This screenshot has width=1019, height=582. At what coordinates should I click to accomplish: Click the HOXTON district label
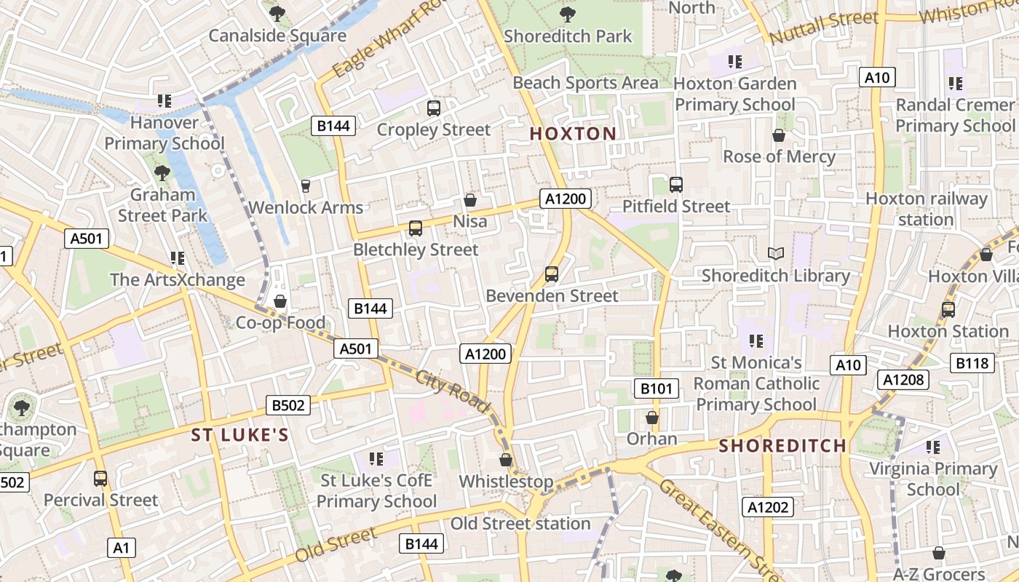click(x=573, y=134)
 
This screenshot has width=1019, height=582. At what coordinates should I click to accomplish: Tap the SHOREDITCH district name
click(x=782, y=446)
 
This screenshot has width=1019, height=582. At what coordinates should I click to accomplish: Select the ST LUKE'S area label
click(x=240, y=435)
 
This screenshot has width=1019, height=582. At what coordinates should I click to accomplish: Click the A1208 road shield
click(x=903, y=379)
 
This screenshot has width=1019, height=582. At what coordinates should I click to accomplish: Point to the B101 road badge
click(x=656, y=389)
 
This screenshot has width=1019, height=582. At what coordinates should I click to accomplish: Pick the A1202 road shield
click(x=768, y=507)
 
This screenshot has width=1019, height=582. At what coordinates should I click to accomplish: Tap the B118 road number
click(x=972, y=363)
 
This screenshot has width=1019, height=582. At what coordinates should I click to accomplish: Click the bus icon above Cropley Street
click(x=434, y=108)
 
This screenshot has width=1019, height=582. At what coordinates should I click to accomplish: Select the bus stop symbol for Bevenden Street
click(x=552, y=274)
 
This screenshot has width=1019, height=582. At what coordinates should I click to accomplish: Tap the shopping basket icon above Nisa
click(x=470, y=199)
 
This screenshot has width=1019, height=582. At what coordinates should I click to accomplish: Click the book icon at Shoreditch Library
click(x=776, y=254)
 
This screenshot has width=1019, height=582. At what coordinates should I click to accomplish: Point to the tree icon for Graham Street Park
click(x=162, y=173)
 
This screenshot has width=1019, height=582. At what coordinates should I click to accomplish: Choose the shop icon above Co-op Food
click(x=280, y=301)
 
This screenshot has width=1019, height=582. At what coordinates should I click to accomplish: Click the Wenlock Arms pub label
click(x=306, y=207)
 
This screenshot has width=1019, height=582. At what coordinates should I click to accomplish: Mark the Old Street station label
click(x=520, y=524)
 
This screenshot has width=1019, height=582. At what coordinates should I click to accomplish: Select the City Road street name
click(x=453, y=392)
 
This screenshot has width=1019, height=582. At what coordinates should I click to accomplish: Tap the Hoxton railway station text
click(x=926, y=209)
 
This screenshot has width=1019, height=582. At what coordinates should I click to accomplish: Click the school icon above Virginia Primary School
click(x=933, y=447)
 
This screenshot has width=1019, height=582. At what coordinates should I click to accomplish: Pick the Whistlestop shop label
click(x=506, y=482)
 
